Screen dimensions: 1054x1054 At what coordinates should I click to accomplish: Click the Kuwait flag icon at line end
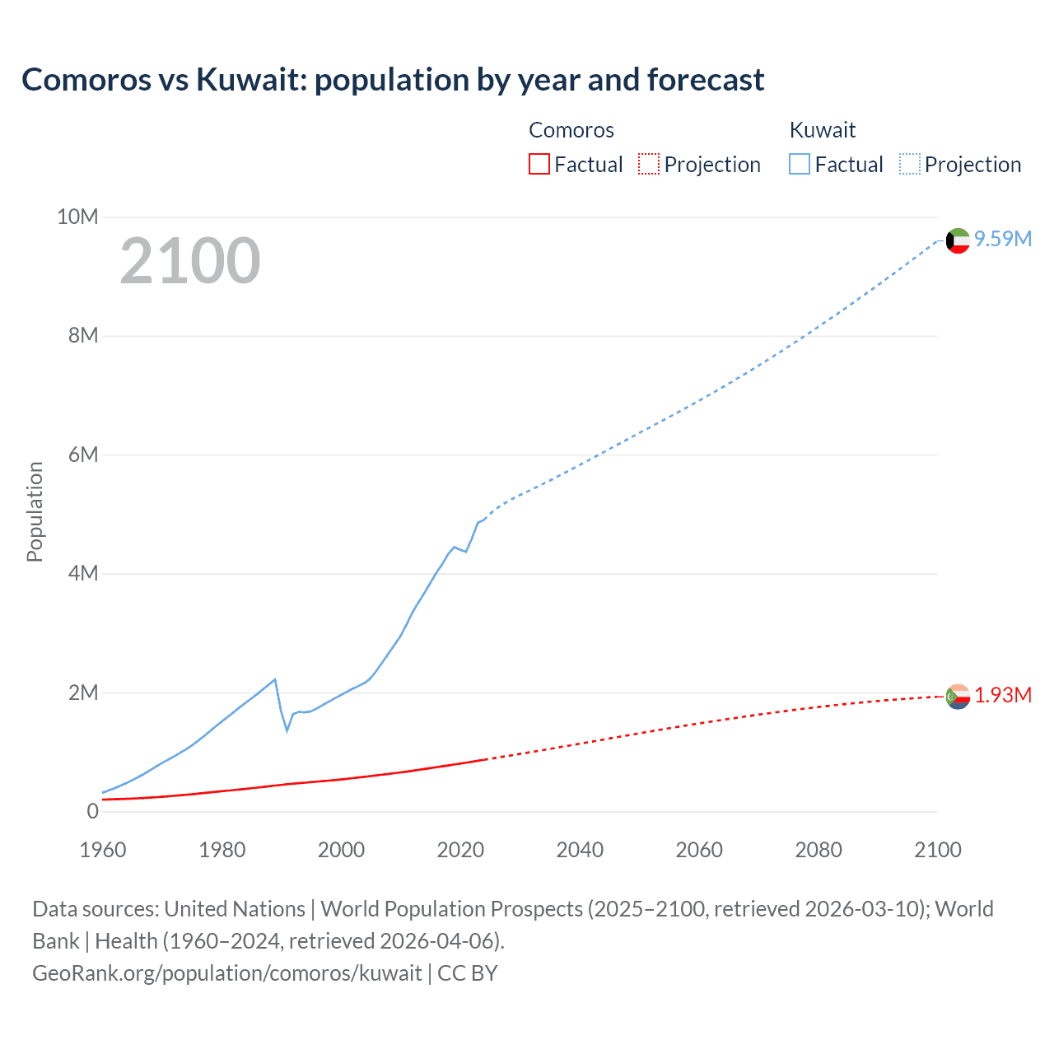point(958,240)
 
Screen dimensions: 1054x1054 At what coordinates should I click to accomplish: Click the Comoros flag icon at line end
point(958,697)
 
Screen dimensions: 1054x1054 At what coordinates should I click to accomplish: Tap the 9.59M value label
point(1003,239)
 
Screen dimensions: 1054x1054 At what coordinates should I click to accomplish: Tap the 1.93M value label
point(1003,696)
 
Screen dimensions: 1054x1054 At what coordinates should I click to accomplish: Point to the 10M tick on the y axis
point(77,217)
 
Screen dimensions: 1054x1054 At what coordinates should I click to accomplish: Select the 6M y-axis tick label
point(83,455)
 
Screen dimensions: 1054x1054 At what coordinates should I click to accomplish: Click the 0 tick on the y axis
point(92,811)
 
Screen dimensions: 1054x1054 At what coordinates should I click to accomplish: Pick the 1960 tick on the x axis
point(103,850)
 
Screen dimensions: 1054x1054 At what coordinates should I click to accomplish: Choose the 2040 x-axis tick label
point(580,850)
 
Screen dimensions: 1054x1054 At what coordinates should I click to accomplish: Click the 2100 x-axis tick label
point(937,850)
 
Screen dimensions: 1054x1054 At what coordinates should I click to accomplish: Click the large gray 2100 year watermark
point(190,261)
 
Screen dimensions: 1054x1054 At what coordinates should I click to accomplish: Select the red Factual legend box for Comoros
point(539,164)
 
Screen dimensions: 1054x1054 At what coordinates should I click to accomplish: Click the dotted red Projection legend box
point(649,164)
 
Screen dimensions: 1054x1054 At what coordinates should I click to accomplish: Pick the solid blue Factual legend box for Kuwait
point(800,164)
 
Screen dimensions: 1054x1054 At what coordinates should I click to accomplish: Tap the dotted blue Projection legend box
point(909,164)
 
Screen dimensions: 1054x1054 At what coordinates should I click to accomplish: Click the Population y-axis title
point(35,511)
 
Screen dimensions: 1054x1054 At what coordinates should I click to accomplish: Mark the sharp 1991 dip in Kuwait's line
point(287,730)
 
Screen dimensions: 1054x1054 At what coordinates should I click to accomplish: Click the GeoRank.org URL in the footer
point(227,972)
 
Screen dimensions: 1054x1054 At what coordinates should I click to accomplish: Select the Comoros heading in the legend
point(571,130)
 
